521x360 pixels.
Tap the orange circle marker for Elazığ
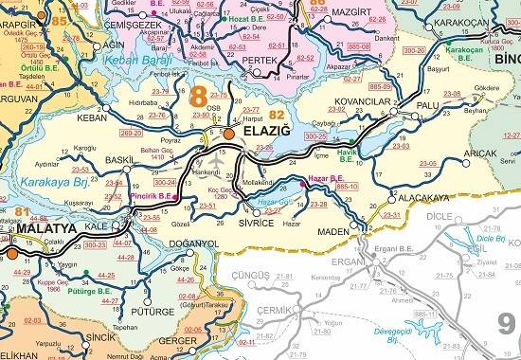[227, 135]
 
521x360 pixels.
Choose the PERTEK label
[259, 60]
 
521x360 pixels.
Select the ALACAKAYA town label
[422, 198]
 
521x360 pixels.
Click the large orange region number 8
[198, 98]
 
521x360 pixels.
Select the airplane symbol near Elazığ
[223, 162]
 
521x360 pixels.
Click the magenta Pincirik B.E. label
[150, 197]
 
